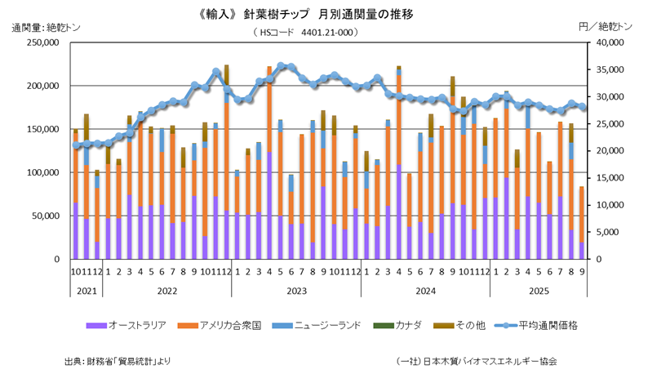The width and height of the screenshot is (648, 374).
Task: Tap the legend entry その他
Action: [468, 325]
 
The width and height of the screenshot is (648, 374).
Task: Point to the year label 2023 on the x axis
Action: [295, 290]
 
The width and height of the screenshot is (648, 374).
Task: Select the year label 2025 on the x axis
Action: [539, 290]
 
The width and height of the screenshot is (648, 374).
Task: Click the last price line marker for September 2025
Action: [581, 107]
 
